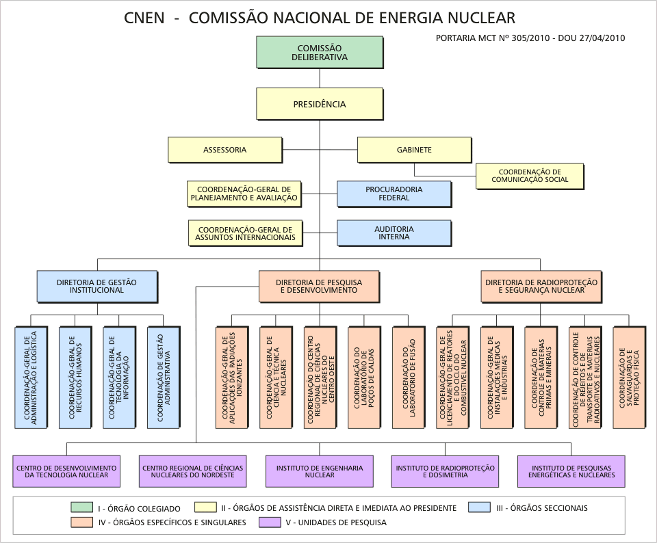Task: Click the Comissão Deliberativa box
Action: [x=319, y=53]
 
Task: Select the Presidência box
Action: [x=319, y=104]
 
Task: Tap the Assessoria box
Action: [x=224, y=150]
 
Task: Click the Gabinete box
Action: [x=414, y=150]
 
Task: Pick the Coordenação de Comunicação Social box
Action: [x=529, y=176]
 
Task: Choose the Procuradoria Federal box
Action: [x=394, y=194]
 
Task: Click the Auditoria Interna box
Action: [x=394, y=233]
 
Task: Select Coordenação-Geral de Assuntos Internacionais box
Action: [x=245, y=233]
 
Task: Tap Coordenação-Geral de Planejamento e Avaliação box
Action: [x=245, y=194]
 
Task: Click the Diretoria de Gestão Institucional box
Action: [x=96, y=286]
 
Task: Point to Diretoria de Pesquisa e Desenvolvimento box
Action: [x=319, y=286]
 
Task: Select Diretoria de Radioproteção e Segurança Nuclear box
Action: [x=541, y=286]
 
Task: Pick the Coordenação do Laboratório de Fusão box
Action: [x=408, y=378]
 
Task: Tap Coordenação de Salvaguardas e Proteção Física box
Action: [x=629, y=378]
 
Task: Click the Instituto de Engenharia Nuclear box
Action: [x=319, y=471]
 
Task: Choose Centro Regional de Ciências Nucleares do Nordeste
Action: [x=192, y=471]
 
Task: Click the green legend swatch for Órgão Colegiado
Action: [x=81, y=507]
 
